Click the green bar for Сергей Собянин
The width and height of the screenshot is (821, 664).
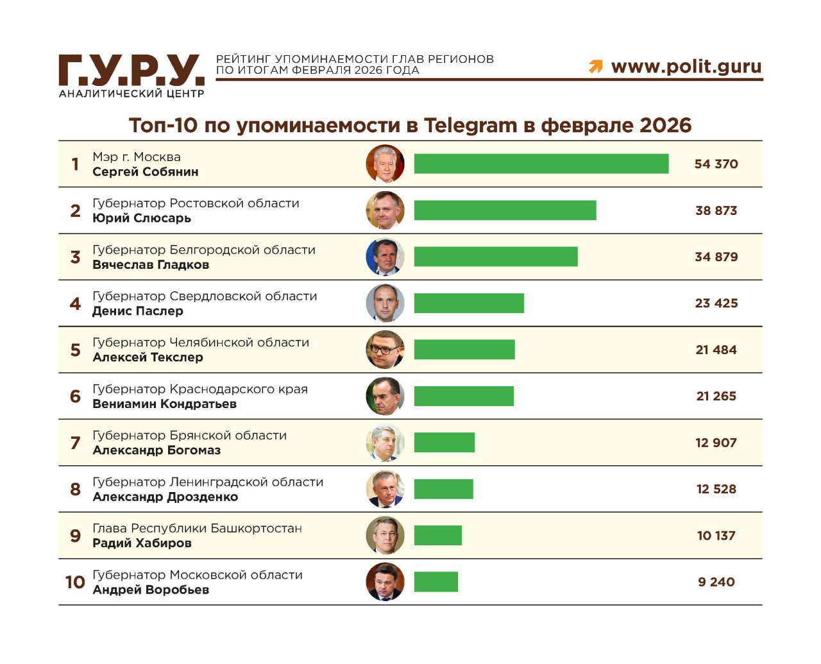pos(541,164)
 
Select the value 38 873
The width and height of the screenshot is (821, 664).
pos(716,210)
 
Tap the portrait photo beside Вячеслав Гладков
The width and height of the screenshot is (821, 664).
pos(385,257)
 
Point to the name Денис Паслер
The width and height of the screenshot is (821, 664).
pos(138,311)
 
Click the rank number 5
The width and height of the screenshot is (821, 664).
pos(75,350)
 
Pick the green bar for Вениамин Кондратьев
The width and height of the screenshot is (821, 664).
pos(464,396)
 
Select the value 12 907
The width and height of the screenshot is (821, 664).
pos(716,443)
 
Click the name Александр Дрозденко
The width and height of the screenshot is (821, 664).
pos(165,497)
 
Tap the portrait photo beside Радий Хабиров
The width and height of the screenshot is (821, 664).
pos(385,535)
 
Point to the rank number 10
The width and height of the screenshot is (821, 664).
pos(75,582)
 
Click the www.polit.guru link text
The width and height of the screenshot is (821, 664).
pos(686,66)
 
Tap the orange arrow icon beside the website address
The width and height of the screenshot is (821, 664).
pos(596,66)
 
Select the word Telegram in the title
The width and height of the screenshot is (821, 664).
pos(470,125)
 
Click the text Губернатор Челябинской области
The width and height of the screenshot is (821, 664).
pos(201,343)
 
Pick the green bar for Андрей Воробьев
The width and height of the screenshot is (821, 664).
pos(436,582)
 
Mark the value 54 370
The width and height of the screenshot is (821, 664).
pos(716,164)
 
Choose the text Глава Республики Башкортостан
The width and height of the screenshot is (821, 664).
pos(197,529)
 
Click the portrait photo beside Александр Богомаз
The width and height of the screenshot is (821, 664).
pos(385,443)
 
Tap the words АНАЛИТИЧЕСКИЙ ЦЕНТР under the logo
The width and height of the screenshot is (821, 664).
pos(131,94)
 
